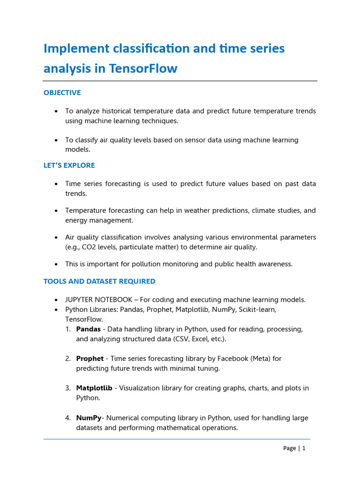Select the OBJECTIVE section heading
(62, 93)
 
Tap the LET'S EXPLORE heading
(69, 165)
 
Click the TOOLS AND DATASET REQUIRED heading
(99, 282)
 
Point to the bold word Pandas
(88, 329)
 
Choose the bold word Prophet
(90, 359)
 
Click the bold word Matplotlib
(94, 388)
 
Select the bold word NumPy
(89, 418)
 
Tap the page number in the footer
(304, 448)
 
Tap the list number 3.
(67, 388)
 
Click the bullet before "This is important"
(56, 264)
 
